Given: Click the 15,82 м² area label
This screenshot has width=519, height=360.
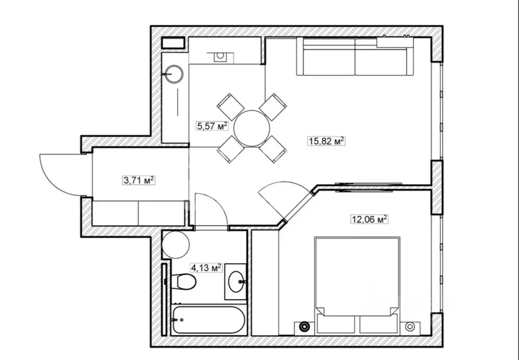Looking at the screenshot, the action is point(327,142).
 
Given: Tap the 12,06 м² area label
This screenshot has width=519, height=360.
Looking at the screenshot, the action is point(369,219).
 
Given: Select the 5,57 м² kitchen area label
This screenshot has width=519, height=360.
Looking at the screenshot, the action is point(212,126).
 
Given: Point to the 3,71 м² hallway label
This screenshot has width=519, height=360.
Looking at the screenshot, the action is point(139,181).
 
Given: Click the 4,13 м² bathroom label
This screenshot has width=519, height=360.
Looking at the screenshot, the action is point(206,267).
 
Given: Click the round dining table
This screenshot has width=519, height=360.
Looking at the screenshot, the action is point(252,128).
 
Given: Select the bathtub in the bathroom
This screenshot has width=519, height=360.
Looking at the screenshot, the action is point(209,319).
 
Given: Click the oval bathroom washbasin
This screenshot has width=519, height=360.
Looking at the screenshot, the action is point(236,281).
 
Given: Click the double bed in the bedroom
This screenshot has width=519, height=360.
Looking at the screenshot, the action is point(357,285).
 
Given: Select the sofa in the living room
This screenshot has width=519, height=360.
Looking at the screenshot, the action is point(355,57).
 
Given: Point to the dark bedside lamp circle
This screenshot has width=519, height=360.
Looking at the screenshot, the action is point(303,327).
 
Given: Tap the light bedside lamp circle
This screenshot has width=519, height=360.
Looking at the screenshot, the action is point(410,327).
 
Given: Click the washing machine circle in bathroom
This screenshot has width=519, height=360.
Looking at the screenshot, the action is point(176,245).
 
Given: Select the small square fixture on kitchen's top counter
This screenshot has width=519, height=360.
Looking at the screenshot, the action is point(220,57).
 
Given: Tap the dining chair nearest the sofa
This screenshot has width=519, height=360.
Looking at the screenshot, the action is point(273,107).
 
